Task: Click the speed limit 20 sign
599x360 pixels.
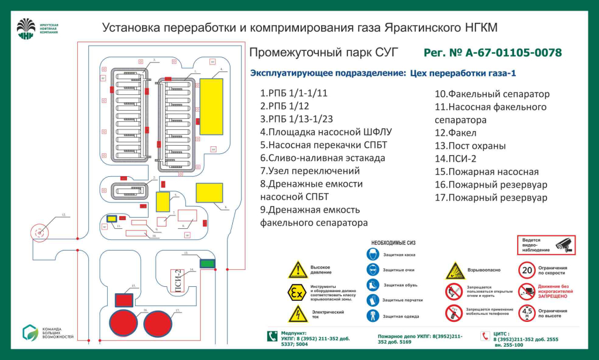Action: [x=527, y=270]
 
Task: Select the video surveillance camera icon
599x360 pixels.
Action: [x=564, y=244]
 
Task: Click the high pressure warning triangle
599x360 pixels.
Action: [x=298, y=270]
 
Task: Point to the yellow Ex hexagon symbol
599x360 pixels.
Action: [x=298, y=291]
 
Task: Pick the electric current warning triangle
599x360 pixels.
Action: [x=298, y=314]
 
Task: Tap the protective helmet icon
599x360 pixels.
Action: [x=373, y=255]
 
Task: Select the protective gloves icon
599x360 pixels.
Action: [x=373, y=300]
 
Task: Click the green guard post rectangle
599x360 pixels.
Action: [x=207, y=264]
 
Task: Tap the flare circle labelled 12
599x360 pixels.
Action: [x=40, y=232]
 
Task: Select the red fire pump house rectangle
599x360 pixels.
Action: [x=124, y=300]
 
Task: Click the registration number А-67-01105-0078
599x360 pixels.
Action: [x=493, y=53]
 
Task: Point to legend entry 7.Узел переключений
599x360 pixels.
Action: [x=310, y=171]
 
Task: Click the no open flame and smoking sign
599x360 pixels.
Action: [x=454, y=291]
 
